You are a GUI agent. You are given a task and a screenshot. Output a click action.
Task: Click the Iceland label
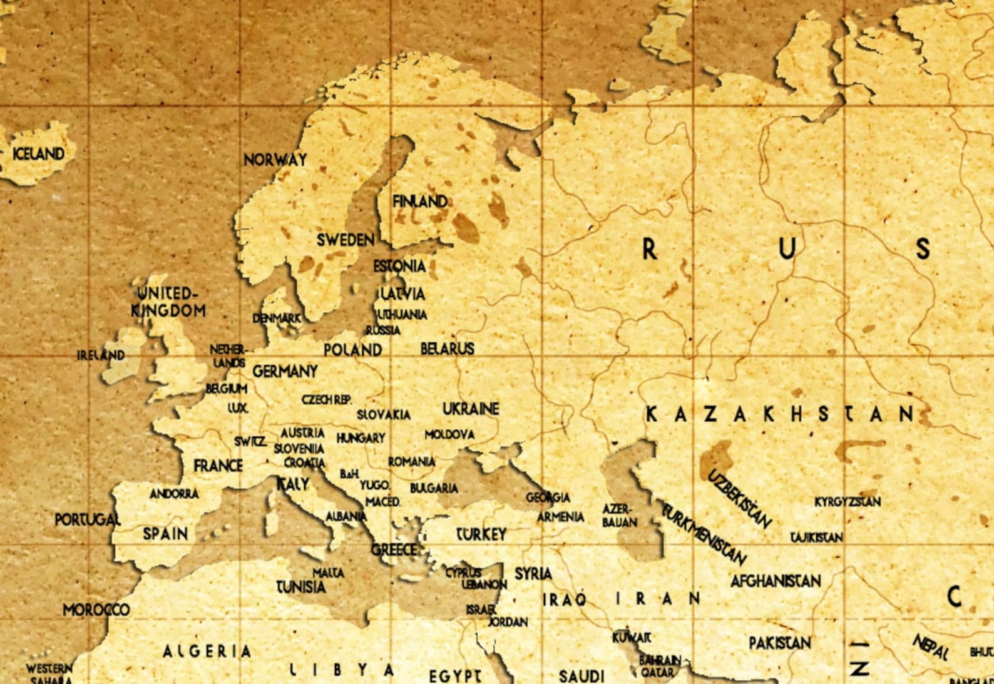(x=39, y=153)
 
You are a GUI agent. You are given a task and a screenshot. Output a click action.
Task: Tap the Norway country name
(x=275, y=160)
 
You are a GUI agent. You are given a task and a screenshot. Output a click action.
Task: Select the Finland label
(x=420, y=202)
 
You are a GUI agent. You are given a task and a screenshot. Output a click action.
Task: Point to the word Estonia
(x=399, y=267)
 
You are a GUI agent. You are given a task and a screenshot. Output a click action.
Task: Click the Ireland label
(x=101, y=355)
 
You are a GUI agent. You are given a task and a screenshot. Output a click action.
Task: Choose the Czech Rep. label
(x=327, y=399)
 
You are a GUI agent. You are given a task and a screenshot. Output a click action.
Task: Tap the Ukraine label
(x=471, y=409)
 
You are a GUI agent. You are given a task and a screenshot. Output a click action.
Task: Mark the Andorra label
(x=174, y=494)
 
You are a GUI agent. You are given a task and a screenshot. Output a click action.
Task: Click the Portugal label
(x=87, y=520)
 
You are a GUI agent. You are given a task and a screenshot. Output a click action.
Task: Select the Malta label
(x=328, y=572)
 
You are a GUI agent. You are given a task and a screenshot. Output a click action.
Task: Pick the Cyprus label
(x=463, y=573)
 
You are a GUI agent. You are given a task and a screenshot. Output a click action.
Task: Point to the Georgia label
(x=548, y=498)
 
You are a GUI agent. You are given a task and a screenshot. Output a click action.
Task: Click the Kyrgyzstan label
(x=848, y=502)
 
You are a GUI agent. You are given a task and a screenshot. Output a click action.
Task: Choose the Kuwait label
(x=632, y=638)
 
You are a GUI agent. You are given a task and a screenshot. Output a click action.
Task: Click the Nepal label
(x=930, y=647)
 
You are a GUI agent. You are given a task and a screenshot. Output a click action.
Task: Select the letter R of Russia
(x=650, y=250)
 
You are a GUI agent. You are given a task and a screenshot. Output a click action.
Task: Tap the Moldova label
(x=449, y=434)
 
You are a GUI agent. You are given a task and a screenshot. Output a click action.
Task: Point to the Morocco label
(x=96, y=610)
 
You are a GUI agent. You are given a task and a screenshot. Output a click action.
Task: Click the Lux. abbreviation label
(x=238, y=408)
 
